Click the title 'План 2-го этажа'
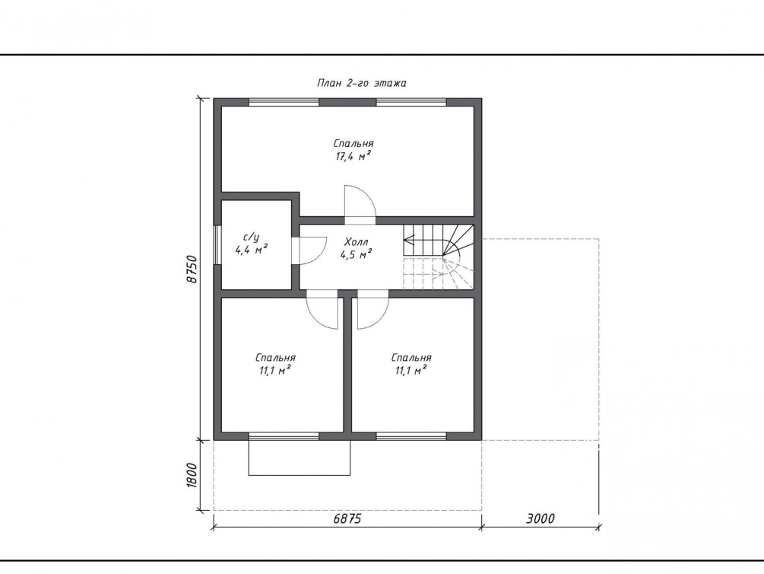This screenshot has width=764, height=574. [x=362, y=83]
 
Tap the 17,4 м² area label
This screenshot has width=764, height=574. [x=353, y=156]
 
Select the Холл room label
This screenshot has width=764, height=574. [x=357, y=241]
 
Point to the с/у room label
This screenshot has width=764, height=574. [x=251, y=238]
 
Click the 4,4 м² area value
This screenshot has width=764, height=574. [x=252, y=250]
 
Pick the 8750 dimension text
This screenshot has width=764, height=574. [x=192, y=269]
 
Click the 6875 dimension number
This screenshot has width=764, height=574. [x=347, y=518]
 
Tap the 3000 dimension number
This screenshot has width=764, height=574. [x=540, y=518]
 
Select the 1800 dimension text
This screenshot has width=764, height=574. [x=192, y=475]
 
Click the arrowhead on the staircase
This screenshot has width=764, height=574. [x=408, y=240]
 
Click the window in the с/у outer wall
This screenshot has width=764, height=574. [x=217, y=245]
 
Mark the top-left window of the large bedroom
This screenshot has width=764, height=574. [x=284, y=102]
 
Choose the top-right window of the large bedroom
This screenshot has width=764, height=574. [x=412, y=102]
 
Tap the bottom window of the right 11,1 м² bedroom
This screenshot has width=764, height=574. [x=412, y=436]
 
